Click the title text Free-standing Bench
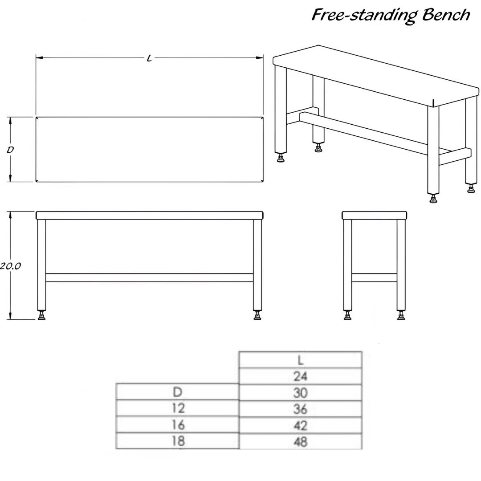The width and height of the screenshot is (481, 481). pos(391,15)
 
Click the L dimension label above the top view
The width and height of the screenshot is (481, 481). pos(149,57)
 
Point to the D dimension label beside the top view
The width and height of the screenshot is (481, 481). pos(10,150)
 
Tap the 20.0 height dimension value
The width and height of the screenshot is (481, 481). pos(10,265)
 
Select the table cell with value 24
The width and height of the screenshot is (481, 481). pos(300,376)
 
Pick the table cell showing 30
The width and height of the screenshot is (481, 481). pos(300,393)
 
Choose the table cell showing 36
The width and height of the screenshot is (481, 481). pos(300,409)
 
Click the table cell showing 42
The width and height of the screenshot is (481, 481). pos(300,425)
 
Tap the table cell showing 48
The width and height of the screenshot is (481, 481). pos(300,441)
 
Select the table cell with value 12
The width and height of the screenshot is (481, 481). pos(178,408)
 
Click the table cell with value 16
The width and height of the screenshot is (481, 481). pos(178,424)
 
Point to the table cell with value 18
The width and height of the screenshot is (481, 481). pos(178,441)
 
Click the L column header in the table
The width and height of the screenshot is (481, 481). pos(300,360)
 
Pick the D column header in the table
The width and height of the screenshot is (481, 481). pos(178,392)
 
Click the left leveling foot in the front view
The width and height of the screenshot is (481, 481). pos(41,315)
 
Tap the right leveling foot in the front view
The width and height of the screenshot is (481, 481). pos(257,315)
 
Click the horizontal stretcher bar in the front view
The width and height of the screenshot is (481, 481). pos(149,277)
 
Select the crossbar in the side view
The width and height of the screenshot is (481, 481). pos(374,277)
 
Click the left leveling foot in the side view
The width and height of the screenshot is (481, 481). pos(347,315)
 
